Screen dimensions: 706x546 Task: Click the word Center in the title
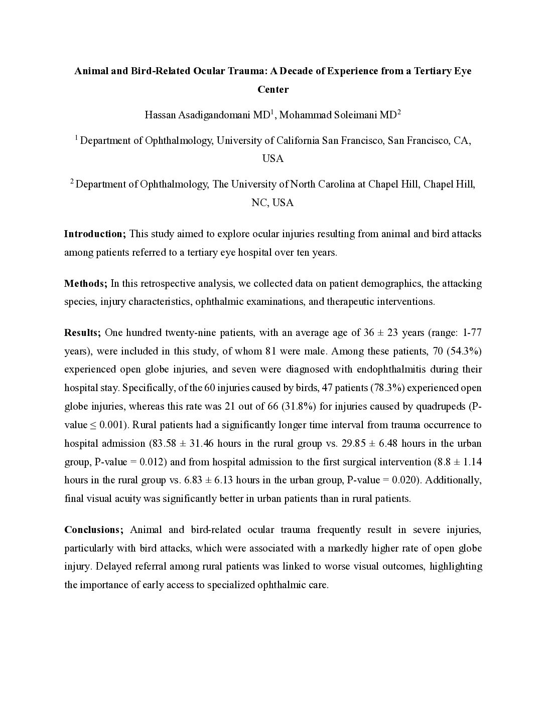(273, 90)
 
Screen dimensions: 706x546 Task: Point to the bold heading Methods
(85, 283)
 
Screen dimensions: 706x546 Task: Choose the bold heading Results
(82, 332)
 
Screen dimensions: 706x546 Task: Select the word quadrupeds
(444, 406)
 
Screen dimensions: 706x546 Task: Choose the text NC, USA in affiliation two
(272, 203)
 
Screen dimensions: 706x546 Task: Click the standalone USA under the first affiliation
(273, 159)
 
